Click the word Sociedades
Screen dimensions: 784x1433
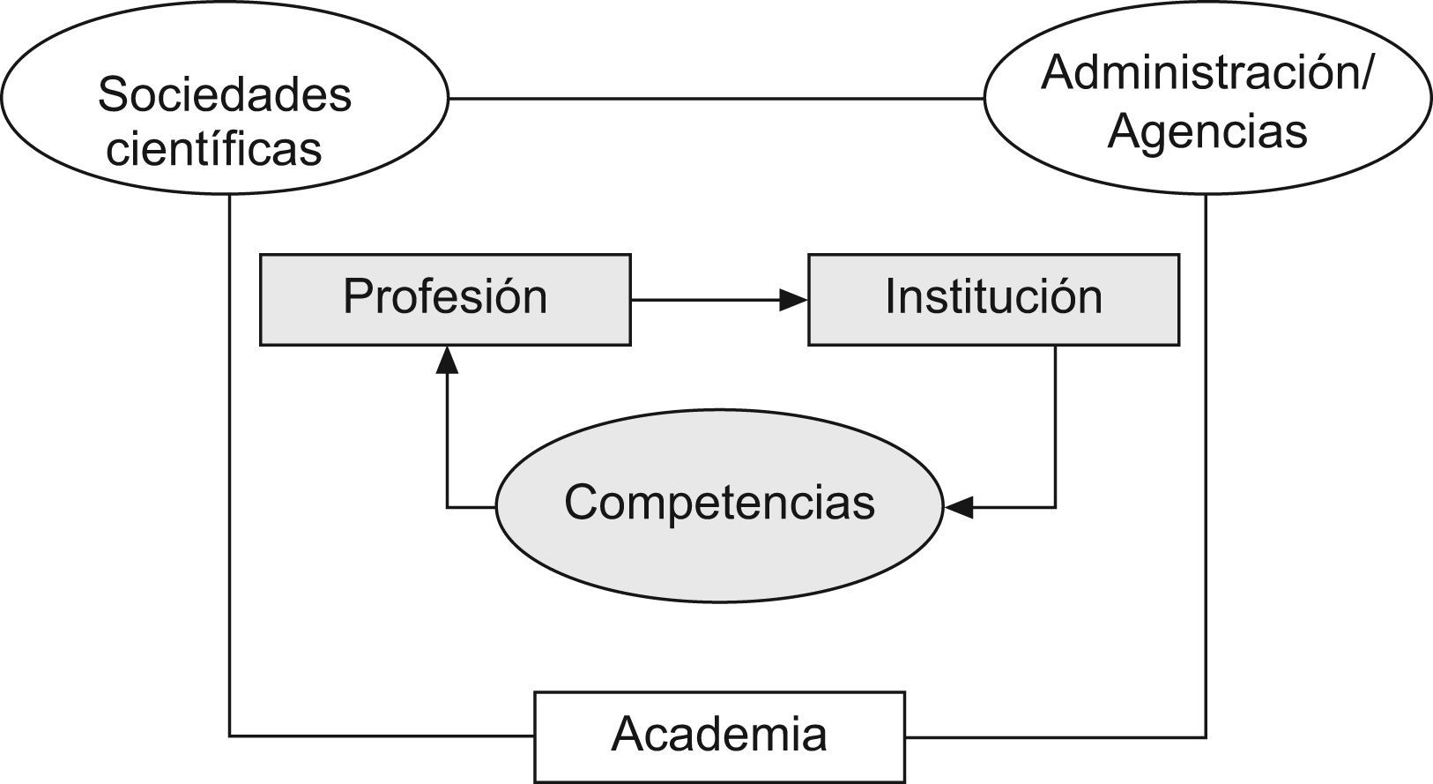click(x=225, y=94)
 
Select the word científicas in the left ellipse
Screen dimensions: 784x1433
click(x=213, y=148)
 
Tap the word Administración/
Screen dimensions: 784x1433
click(x=1207, y=72)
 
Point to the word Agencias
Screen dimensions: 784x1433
click(x=1207, y=131)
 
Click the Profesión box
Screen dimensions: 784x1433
click(x=445, y=299)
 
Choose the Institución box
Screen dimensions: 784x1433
click(x=993, y=299)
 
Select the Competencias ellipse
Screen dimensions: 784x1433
click(x=719, y=504)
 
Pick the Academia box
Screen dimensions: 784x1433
click(x=719, y=735)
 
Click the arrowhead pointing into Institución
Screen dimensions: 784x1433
click(x=794, y=301)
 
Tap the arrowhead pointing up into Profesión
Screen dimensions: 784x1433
click(x=447, y=358)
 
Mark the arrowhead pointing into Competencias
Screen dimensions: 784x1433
click(x=958, y=507)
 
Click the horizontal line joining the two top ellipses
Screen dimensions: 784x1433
click(x=716, y=99)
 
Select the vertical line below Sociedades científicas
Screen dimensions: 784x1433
click(x=229, y=459)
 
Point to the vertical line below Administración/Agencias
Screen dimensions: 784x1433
click(x=1206, y=459)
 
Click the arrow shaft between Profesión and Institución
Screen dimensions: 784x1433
click(x=705, y=301)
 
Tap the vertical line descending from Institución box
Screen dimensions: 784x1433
click(x=1055, y=423)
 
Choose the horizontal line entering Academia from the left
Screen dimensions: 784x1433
click(x=379, y=735)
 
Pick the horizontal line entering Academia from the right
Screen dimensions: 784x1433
click(x=1058, y=736)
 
